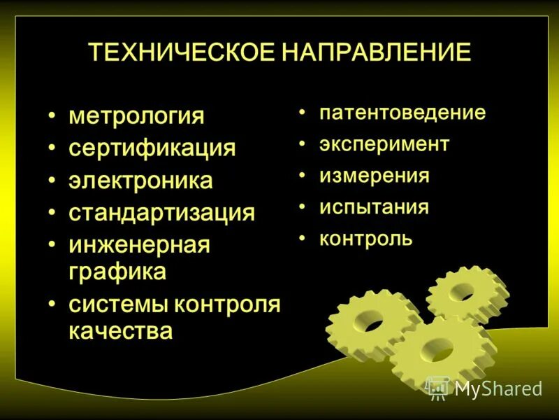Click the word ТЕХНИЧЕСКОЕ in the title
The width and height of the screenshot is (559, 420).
point(181,53)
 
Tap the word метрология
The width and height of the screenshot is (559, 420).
point(136,115)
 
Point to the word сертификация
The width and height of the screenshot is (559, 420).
point(152,148)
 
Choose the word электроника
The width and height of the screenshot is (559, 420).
point(140,181)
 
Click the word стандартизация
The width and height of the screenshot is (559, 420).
point(161,213)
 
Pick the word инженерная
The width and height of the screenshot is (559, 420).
point(139,245)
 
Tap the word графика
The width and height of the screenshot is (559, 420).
point(117,272)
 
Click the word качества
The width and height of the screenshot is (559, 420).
point(120,330)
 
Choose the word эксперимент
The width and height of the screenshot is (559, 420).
point(384,144)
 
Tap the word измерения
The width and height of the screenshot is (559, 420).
point(375,176)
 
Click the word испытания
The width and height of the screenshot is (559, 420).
point(374,207)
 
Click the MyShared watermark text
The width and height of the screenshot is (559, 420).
point(498,388)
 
